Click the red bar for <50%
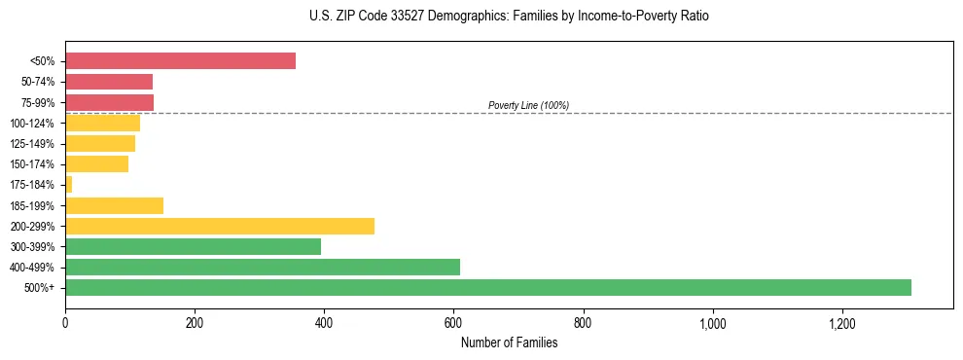click(x=180, y=61)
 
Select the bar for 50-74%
click(x=109, y=82)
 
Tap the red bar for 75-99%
click(x=109, y=102)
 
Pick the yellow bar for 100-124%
click(x=102, y=123)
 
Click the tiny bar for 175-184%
click(x=69, y=184)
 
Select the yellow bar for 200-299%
click(x=219, y=226)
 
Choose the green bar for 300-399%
click(x=193, y=246)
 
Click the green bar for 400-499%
click(x=263, y=267)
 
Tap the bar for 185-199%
click(x=114, y=205)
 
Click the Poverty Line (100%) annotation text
click(x=528, y=105)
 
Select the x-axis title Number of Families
click(x=509, y=342)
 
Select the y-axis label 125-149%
click(x=32, y=144)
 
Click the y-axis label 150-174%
click(x=32, y=164)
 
